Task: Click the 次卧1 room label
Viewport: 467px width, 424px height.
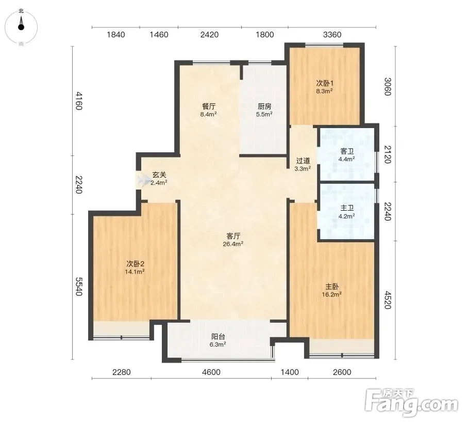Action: point(325,83)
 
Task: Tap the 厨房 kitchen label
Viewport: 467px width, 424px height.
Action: point(264,106)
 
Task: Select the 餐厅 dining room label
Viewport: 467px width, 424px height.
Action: point(208,106)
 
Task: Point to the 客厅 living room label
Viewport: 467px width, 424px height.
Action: point(233,236)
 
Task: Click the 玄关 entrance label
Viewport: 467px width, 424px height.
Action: point(159,175)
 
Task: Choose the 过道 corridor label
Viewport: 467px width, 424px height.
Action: point(303,161)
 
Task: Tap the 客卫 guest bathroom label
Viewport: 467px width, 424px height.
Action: point(347,151)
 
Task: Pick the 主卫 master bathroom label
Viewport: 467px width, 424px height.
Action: point(347,208)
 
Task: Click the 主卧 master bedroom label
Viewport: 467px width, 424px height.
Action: point(332,287)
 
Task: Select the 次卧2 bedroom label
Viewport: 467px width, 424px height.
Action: point(135,264)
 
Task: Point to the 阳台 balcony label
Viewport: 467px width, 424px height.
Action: point(218,337)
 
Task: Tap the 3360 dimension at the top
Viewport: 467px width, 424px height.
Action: point(332,35)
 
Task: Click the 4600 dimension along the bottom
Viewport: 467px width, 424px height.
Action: point(211,372)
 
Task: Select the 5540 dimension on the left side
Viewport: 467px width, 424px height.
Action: point(78,287)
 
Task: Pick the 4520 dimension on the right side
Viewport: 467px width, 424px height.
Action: point(387,300)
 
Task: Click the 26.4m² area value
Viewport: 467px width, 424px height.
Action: point(233,244)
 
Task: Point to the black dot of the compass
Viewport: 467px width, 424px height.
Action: point(21,27)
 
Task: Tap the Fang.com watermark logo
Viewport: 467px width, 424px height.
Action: point(412,403)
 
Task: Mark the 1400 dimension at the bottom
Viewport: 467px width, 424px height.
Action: point(290,372)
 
